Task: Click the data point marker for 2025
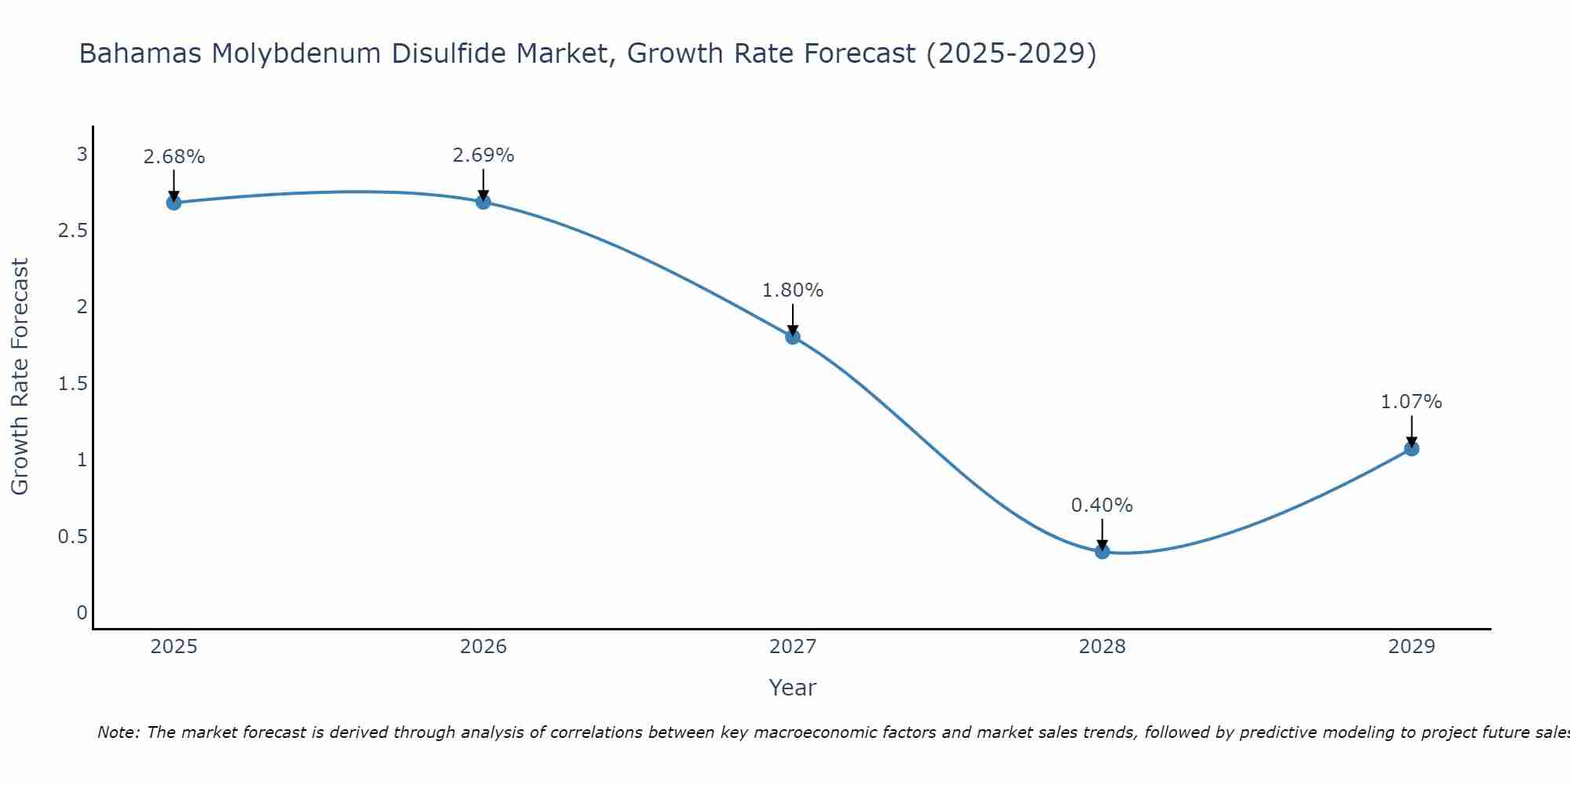[174, 203]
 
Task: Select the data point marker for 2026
[484, 202]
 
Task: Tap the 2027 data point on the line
[793, 337]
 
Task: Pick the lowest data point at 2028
[1102, 551]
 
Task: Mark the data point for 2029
[1411, 449]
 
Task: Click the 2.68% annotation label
[174, 157]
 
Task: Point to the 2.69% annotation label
[484, 155]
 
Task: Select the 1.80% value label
[793, 290]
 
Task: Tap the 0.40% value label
[1102, 506]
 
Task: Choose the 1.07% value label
[1411, 402]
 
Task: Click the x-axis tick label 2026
[484, 647]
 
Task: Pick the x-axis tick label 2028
[1102, 647]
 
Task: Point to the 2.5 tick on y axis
[72, 231]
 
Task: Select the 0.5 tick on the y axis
[72, 537]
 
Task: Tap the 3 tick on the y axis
[82, 155]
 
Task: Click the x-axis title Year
[793, 688]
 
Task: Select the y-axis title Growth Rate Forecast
[20, 377]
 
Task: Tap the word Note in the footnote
[118, 733]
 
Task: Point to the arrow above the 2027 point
[793, 319]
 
